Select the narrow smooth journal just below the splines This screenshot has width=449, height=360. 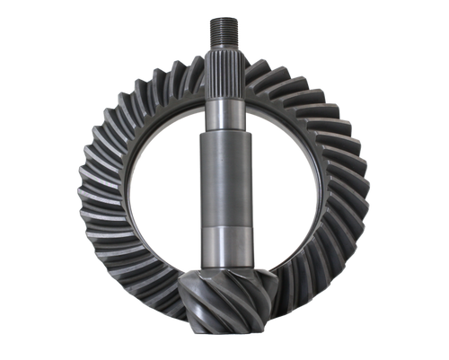[224, 115]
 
